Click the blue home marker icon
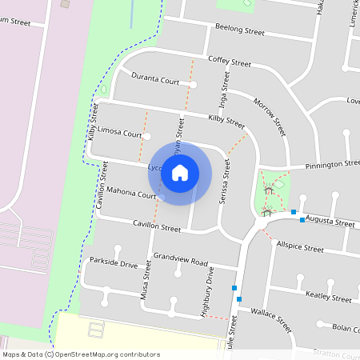[x=180, y=172]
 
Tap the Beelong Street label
[x=239, y=30]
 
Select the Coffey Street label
[x=229, y=61]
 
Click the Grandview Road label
[x=180, y=261]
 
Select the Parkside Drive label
[x=114, y=262]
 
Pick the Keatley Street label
[x=329, y=297]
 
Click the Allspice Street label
[x=299, y=249]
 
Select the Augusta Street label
[x=330, y=222]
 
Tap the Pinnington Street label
[x=331, y=165]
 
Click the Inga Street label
[x=224, y=91]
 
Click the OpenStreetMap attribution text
[x=80, y=354]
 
